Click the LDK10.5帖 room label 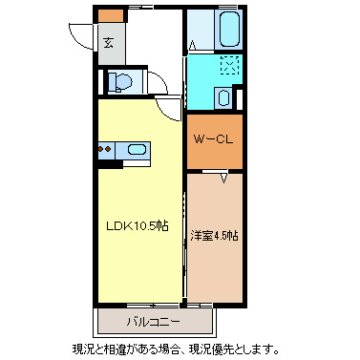pos(138,226)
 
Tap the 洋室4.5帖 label pos(214,236)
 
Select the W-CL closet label pos(214,139)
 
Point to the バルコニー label pos(154,322)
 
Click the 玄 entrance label pos(109,42)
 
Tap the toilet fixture pos(120,82)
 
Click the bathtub pos(228,30)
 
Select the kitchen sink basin pos(138,149)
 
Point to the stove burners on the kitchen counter pos(105,149)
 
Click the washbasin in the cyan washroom pos(223,97)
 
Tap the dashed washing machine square pos(230,65)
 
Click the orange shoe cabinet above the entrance pos(111,16)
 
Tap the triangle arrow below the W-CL pos(223,178)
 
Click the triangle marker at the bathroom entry pos(192,45)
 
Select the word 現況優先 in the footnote pos(210,349)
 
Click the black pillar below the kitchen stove pos(110,164)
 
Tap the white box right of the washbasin pos(241,98)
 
